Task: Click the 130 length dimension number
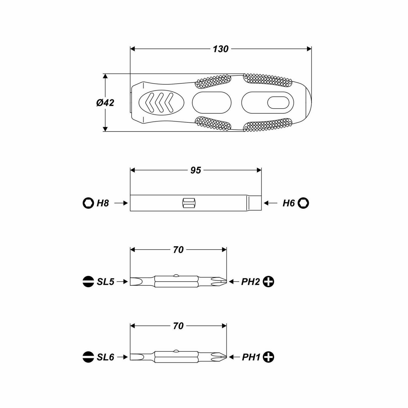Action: point(220,49)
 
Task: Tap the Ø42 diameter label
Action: point(105,103)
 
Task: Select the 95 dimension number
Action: point(196,170)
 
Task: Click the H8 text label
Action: point(103,203)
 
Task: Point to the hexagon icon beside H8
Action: point(88,203)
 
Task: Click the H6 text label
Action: point(289,203)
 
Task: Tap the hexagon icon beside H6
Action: point(303,203)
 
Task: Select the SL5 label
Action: point(106,282)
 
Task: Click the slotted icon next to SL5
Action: point(88,282)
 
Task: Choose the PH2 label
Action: point(251,282)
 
